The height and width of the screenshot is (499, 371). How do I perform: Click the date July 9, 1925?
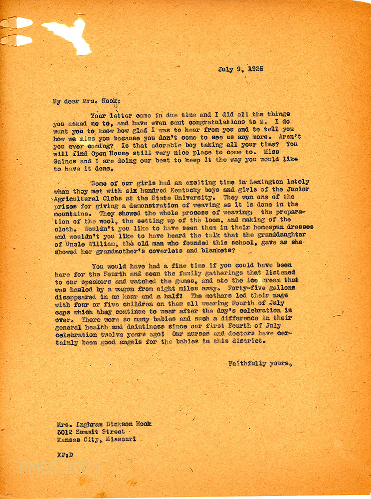(x=240, y=69)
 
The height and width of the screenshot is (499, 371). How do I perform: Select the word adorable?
(x=151, y=144)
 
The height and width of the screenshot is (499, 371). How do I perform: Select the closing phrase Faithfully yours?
(x=260, y=364)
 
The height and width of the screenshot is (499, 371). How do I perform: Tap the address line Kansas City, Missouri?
(x=96, y=440)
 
